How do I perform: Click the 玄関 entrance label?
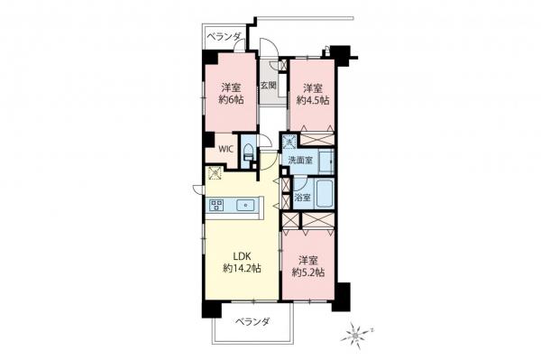point(269,87)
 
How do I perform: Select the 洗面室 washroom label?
point(300,160)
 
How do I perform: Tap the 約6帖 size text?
point(232,102)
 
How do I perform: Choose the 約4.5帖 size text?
point(312,102)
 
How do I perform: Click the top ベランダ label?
point(223,36)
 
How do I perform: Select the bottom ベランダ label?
point(254,321)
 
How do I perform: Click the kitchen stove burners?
point(217,206)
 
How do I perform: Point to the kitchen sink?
point(244,206)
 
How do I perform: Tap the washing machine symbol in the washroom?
point(289,142)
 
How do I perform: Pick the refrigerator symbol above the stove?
point(215,173)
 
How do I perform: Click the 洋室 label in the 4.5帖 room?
point(312,88)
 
